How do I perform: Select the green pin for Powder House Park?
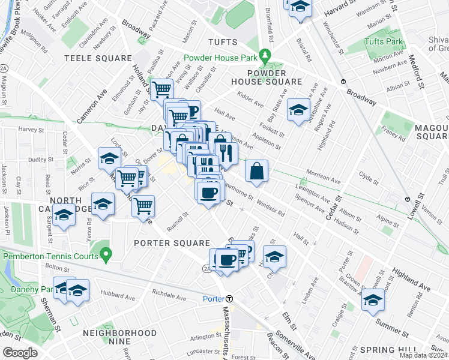pos(265,58)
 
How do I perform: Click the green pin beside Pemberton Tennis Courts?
pos(106,256)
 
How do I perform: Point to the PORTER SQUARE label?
pos(172,243)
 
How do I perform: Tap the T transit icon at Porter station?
pos(229,299)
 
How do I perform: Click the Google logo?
pos(20,353)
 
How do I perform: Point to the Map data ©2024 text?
pos(423,355)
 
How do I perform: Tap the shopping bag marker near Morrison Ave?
pos(256,171)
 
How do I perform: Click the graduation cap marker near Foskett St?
pos(297,110)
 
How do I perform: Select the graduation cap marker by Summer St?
pos(373,299)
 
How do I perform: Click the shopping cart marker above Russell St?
pos(143,206)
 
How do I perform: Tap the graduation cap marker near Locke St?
pos(109,158)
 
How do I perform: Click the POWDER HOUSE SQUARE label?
pos(267,76)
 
